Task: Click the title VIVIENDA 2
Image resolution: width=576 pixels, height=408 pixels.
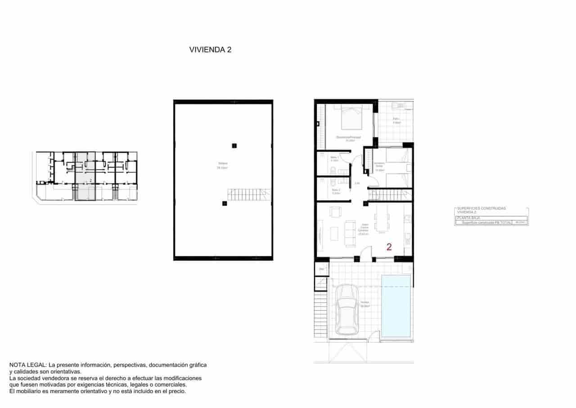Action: (x=210, y=50)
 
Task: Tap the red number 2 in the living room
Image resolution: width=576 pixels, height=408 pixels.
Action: (x=389, y=247)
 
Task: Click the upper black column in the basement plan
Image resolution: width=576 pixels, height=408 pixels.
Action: (x=234, y=145)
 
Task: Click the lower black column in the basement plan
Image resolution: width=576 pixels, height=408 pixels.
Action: (x=224, y=204)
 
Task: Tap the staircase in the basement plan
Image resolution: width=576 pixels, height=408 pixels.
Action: (x=249, y=195)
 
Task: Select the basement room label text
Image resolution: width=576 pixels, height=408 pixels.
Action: (x=222, y=165)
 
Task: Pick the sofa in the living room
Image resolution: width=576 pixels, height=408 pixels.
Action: (x=349, y=233)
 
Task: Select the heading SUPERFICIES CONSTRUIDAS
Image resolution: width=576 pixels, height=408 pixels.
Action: (x=481, y=208)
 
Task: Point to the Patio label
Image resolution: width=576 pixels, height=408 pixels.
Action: (x=396, y=120)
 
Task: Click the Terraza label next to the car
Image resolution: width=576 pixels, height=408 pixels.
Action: (x=364, y=304)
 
